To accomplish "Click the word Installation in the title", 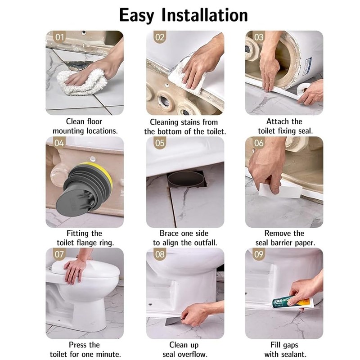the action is coord(205,15).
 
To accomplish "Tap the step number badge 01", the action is coord(59,37).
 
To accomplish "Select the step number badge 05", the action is coord(160,143).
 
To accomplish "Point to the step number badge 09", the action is coord(259,254).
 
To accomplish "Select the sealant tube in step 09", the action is coord(293,302).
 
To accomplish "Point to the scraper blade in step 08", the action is coord(173,321).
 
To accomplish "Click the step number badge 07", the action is coord(59,254).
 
